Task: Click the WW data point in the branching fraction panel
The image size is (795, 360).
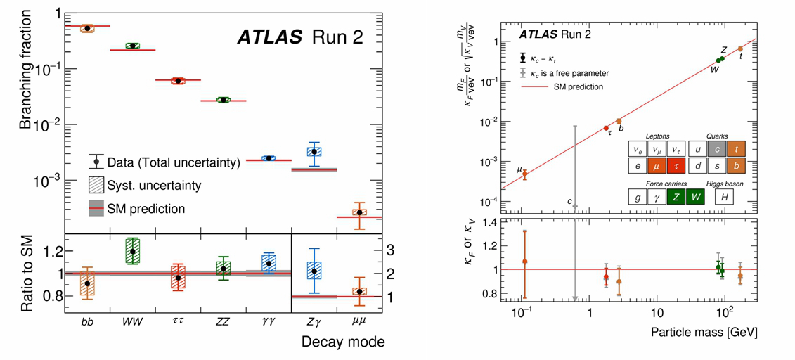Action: tap(132, 46)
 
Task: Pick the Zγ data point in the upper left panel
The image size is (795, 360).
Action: tap(314, 151)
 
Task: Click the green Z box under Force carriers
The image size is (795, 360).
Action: tap(677, 198)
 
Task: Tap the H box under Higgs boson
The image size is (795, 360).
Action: tap(723, 198)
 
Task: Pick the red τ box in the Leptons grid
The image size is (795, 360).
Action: tap(676, 166)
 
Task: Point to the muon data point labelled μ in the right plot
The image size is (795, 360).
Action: tap(524, 174)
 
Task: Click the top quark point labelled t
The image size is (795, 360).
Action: tap(740, 49)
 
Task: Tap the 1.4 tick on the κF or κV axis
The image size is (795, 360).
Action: tap(486, 222)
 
